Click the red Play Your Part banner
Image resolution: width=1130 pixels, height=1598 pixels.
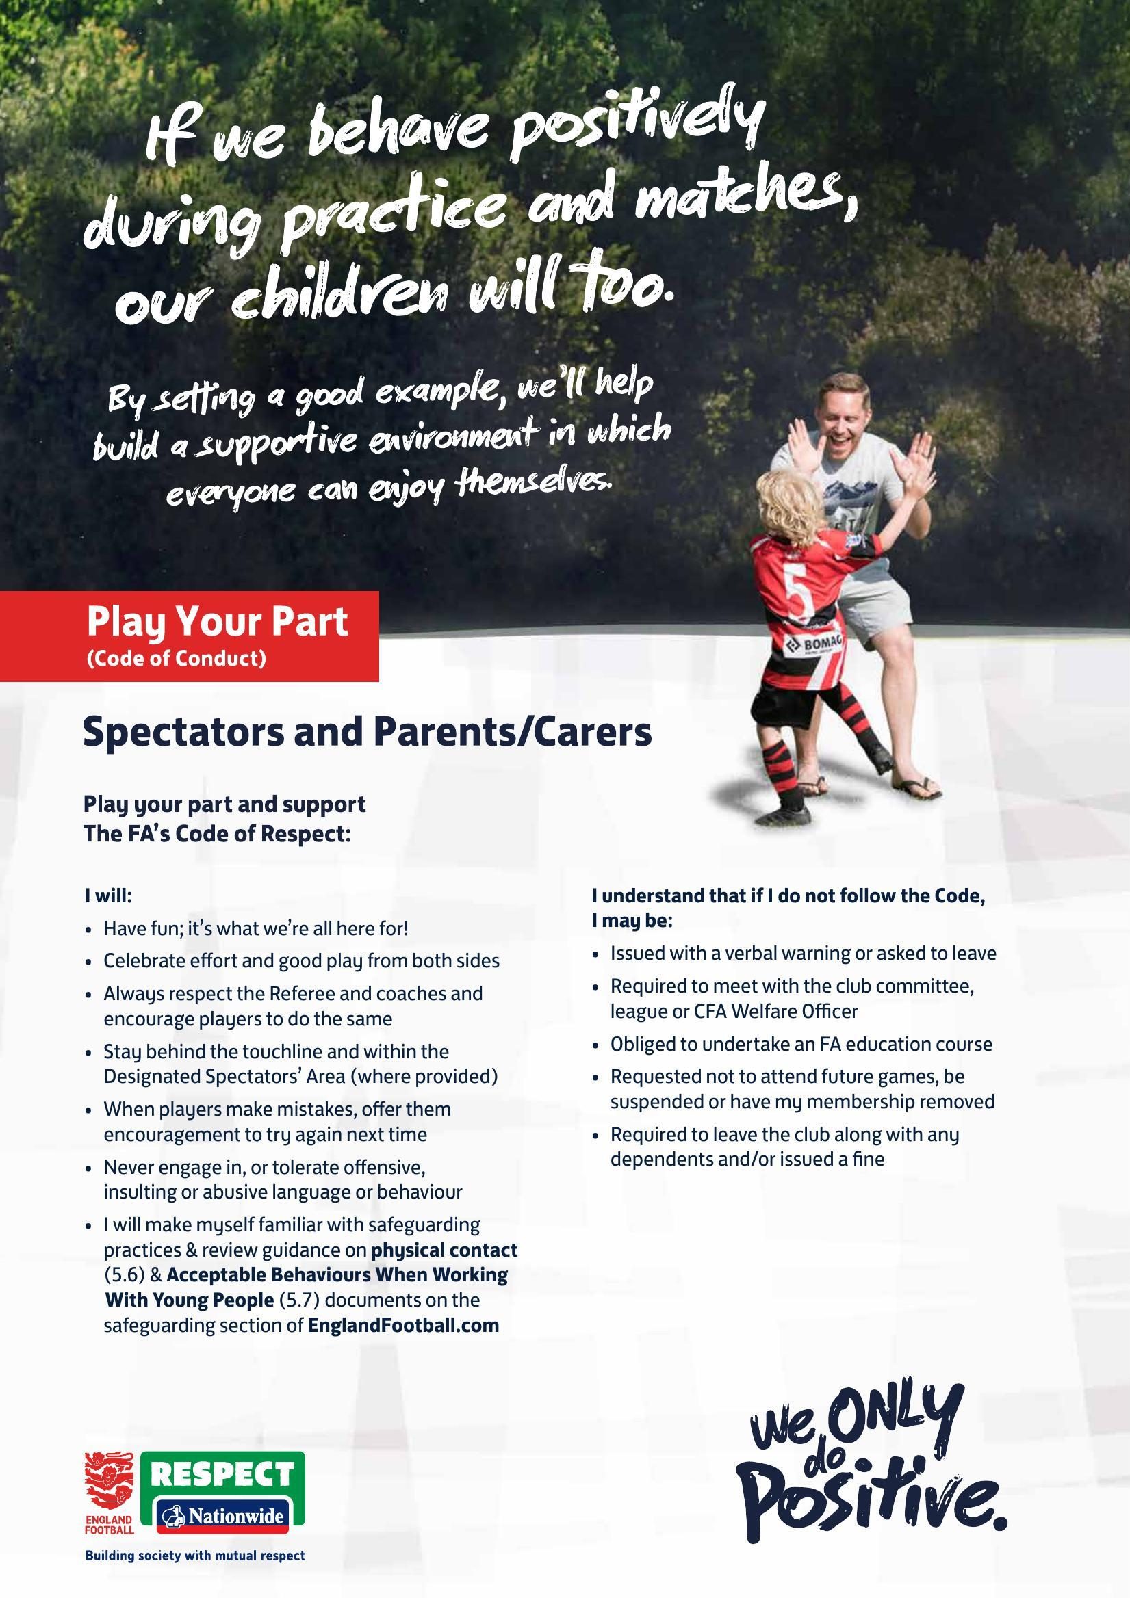(190, 636)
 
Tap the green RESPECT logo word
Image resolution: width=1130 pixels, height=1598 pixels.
(223, 1474)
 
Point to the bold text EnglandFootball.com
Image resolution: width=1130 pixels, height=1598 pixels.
(404, 1325)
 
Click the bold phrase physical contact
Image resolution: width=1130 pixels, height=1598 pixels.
(444, 1250)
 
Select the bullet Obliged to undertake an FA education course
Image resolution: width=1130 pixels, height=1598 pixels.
(801, 1044)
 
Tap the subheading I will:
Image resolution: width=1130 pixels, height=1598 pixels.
(108, 895)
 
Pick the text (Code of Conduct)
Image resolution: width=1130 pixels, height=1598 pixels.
(176, 658)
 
